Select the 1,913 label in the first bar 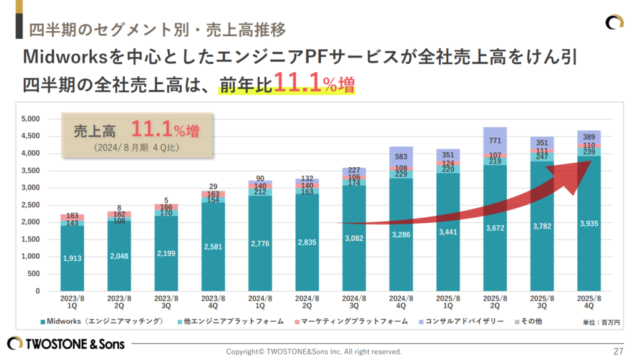(x=73, y=258)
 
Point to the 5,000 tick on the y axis (x=31, y=119)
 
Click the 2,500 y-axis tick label (x=31, y=205)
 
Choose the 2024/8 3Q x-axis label (x=354, y=302)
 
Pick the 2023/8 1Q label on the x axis (x=73, y=302)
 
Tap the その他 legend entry (x=534, y=321)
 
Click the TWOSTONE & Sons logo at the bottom (x=66, y=344)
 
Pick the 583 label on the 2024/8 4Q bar (x=401, y=157)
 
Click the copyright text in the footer (x=313, y=351)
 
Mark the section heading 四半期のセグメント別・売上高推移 (x=157, y=29)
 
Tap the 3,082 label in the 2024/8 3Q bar (x=354, y=238)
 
